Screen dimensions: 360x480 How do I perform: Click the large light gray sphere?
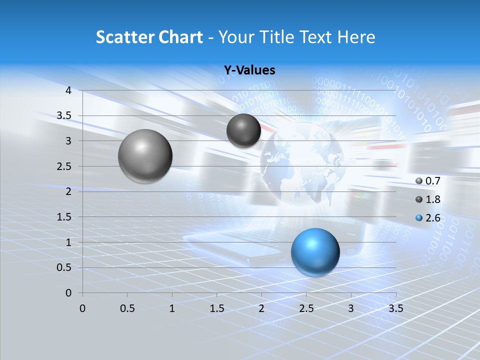145,156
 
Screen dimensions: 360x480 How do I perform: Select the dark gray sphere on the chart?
243,130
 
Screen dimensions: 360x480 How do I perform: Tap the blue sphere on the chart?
315,252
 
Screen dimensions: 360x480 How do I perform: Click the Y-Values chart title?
249,70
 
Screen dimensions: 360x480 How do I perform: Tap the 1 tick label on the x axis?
172,308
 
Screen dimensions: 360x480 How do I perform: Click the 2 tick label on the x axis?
261,308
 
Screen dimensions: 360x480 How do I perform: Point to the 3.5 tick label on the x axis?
395,308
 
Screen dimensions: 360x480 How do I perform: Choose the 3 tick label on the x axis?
351,308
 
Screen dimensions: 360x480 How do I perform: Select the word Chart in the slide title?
180,37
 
